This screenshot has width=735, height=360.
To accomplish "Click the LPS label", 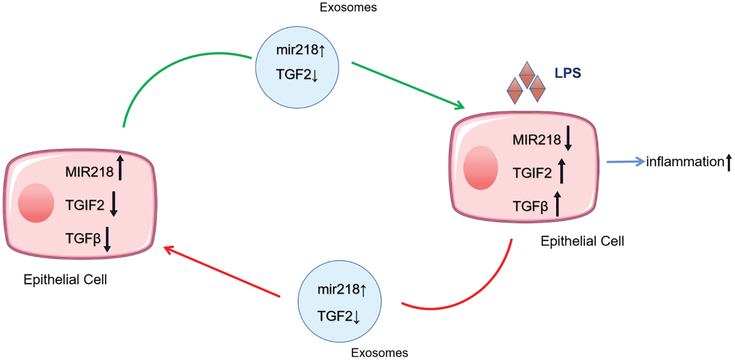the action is coord(568,73).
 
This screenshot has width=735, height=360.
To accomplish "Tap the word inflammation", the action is coord(685,162).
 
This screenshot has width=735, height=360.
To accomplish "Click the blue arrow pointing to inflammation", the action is coord(626,162).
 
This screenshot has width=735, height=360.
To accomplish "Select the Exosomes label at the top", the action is coord(348,7).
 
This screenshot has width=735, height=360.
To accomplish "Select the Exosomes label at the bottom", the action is coord(379,353).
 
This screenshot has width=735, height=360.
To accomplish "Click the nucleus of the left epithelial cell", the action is coord(36,203).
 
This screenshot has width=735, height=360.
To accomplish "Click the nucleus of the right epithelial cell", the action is coord(481,168).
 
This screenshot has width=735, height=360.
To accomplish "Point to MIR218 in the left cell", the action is coord(89,172).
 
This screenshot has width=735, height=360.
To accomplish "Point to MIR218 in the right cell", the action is coord(537,140).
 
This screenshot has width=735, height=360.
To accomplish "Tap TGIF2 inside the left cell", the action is coord(85,205).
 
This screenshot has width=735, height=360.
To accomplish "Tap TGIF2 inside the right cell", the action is coord(532,173).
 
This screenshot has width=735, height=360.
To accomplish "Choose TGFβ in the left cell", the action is coord(83,239).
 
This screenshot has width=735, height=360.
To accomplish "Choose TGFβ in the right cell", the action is coord(530,207).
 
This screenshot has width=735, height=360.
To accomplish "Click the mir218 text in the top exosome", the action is coord(297,50).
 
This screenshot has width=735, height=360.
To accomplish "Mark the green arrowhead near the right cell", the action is coord(459,105).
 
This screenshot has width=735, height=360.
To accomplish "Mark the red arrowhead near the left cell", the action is coord(169,251).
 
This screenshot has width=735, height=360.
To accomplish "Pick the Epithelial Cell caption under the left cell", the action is coord(65,280).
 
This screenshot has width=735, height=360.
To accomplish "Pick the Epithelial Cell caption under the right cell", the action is coord(583,241).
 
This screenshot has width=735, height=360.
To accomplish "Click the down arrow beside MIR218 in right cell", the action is coord(568,138).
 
